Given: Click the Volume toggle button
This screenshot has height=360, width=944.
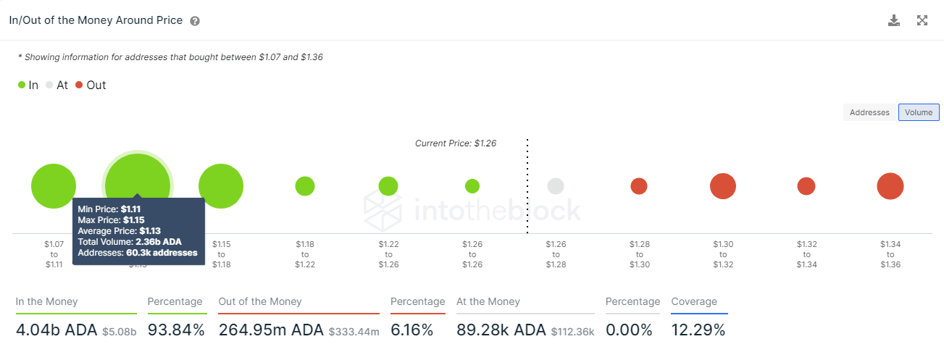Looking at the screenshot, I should (919, 112).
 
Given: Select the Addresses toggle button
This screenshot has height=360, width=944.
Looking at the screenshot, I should (869, 112).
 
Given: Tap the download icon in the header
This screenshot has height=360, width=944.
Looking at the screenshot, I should (894, 20).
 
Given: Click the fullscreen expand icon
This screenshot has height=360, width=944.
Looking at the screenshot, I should (922, 20).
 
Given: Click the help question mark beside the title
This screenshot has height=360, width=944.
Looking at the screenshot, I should (195, 21).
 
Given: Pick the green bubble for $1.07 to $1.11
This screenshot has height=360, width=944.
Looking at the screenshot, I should (54, 186).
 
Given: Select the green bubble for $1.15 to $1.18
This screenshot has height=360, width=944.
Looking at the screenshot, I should (221, 186).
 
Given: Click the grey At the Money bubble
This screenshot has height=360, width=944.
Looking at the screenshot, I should (556, 186).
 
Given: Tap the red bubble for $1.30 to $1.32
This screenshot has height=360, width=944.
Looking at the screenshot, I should (723, 186).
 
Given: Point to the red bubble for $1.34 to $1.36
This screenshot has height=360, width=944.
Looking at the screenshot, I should (890, 186).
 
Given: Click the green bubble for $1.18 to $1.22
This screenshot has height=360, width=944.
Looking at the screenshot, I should (305, 186).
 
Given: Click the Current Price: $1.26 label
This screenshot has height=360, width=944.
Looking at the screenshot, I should (455, 143).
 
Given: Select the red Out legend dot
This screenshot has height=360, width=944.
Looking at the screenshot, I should (79, 85).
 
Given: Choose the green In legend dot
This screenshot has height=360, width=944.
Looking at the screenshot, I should (22, 85).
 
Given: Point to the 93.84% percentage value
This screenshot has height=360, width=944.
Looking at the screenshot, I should (176, 330).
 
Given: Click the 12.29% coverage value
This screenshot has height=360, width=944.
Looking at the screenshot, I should (698, 330).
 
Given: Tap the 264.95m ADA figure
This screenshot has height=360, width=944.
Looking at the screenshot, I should (271, 330).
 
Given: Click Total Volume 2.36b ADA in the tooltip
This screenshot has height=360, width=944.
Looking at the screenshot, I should (130, 241).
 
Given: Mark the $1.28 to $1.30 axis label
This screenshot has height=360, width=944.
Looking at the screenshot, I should (639, 254).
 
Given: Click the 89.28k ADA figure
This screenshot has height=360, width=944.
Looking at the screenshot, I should (501, 330).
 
